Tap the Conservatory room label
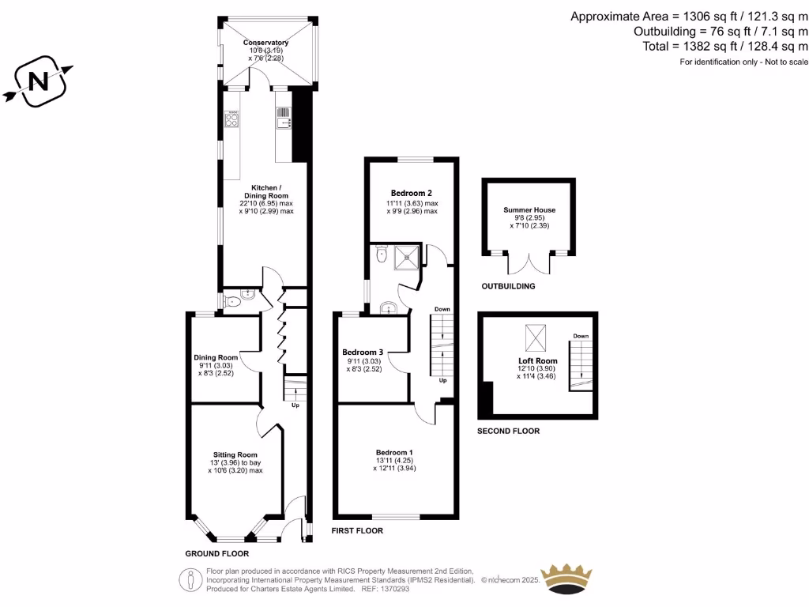pos(265,43)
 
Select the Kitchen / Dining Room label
pos(265,191)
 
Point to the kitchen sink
pos(284,119)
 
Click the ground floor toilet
pos(233,301)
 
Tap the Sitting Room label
pos(235,454)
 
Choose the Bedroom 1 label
pos(395,452)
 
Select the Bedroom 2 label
pos(411,193)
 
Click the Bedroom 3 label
pos(363,352)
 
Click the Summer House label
pos(529,210)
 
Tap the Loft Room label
pos(537,361)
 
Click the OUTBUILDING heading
pos(508,286)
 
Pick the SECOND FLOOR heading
pos(508,432)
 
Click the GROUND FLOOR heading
pos(216,554)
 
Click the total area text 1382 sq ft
pos(722,46)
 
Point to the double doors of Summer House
pos(529,266)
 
